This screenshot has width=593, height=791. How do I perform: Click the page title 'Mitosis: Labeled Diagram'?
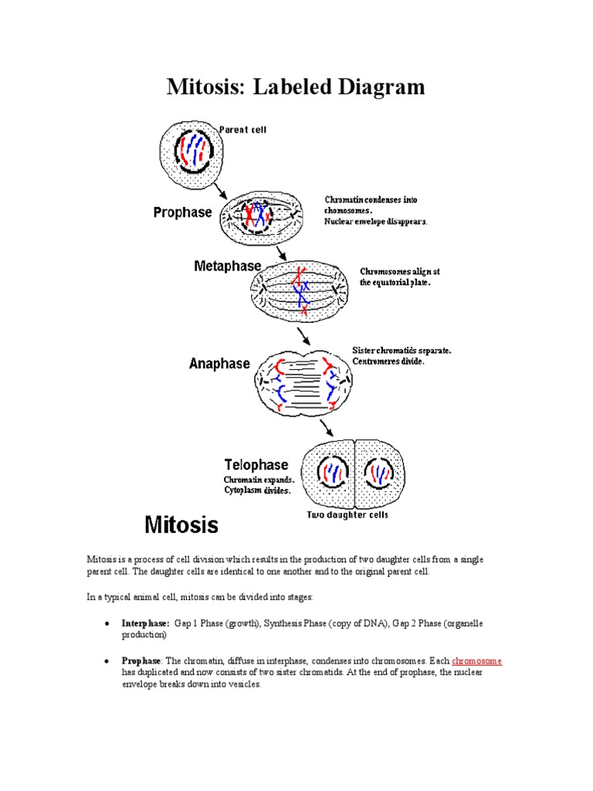[296, 87]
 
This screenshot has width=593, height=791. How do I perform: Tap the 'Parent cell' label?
[243, 130]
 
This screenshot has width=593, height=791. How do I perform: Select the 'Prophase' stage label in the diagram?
[182, 212]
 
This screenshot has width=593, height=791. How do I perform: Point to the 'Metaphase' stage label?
[228, 266]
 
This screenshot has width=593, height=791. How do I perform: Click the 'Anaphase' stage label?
[219, 363]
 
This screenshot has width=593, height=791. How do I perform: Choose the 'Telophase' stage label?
[256, 464]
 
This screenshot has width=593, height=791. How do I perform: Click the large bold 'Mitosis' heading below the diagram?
[182, 525]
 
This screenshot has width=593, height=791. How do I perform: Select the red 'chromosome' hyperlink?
[476, 661]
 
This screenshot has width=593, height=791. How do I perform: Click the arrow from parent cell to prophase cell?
[220, 190]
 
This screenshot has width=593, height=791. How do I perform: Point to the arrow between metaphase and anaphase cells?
[304, 335]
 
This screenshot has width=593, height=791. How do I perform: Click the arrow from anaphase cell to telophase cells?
[327, 428]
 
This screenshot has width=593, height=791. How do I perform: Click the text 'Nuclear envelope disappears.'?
[375, 222]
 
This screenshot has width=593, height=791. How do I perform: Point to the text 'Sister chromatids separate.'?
[402, 350]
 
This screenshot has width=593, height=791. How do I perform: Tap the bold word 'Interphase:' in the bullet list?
[145, 623]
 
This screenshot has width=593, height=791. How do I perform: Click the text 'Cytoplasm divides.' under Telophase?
[258, 490]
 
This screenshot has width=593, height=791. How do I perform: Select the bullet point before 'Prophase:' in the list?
[106, 662]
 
